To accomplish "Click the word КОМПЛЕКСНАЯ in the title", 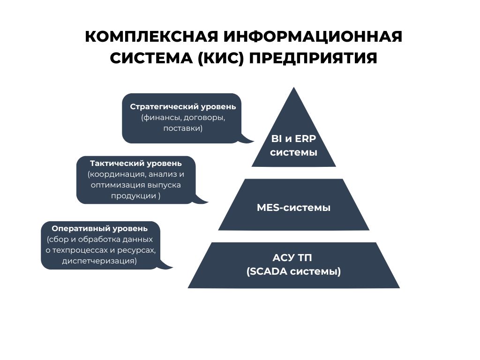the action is [x=151, y=37].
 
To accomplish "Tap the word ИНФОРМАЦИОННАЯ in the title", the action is [x=313, y=37].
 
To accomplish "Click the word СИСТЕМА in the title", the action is [x=151, y=58].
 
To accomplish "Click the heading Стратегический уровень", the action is [x=183, y=106].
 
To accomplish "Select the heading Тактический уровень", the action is [x=136, y=163].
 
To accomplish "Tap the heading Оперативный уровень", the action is [x=100, y=228].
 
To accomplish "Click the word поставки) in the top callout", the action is [x=183, y=128].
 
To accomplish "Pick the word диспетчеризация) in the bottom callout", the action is [x=99, y=261].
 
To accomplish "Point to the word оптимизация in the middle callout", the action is [x=118, y=185].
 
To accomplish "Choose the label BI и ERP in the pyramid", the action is [x=293, y=139].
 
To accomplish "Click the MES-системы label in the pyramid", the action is [x=293, y=208].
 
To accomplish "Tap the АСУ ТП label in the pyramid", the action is [x=292, y=258].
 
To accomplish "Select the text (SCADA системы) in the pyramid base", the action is [x=293, y=271].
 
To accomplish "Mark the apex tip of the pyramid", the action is [x=294, y=88].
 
